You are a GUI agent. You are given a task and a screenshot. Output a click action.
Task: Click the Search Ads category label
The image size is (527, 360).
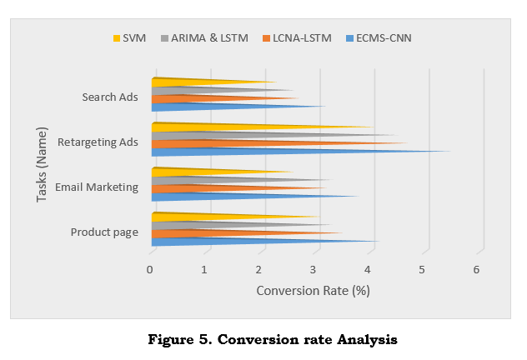(110, 97)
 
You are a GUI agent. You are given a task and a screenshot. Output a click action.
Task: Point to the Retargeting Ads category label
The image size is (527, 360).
(98, 142)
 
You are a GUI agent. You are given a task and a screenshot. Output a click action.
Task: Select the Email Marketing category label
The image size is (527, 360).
(96, 187)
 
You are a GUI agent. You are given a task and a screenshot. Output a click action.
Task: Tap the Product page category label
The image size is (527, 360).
(104, 232)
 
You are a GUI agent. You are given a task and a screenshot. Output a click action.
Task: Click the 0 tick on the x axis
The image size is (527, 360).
(150, 270)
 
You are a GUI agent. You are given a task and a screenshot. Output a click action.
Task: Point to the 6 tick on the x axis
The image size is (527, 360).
(477, 270)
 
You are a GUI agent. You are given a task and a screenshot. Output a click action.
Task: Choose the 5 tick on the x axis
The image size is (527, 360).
(422, 270)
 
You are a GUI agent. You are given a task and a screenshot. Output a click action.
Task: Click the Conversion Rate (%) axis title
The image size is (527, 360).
(313, 291)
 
